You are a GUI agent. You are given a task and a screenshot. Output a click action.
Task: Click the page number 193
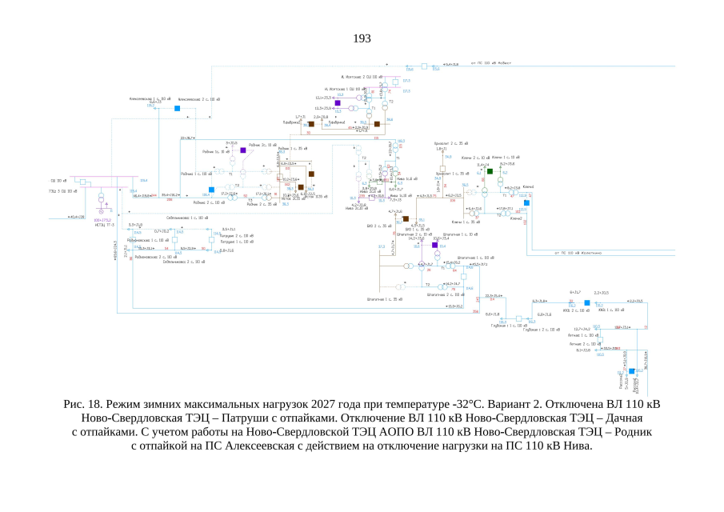(362, 38)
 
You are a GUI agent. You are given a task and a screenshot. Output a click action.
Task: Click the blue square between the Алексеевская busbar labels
(178, 107)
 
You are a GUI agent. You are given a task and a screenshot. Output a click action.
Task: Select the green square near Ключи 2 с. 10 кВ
(490, 171)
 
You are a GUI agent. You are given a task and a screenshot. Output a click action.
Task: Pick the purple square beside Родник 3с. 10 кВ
(242, 150)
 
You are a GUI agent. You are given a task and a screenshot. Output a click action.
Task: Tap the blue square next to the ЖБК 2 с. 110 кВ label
(586, 302)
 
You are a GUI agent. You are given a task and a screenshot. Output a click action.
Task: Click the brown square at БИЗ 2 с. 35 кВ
(406, 218)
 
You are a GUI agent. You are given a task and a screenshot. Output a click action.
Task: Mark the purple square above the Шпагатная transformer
(434, 245)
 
